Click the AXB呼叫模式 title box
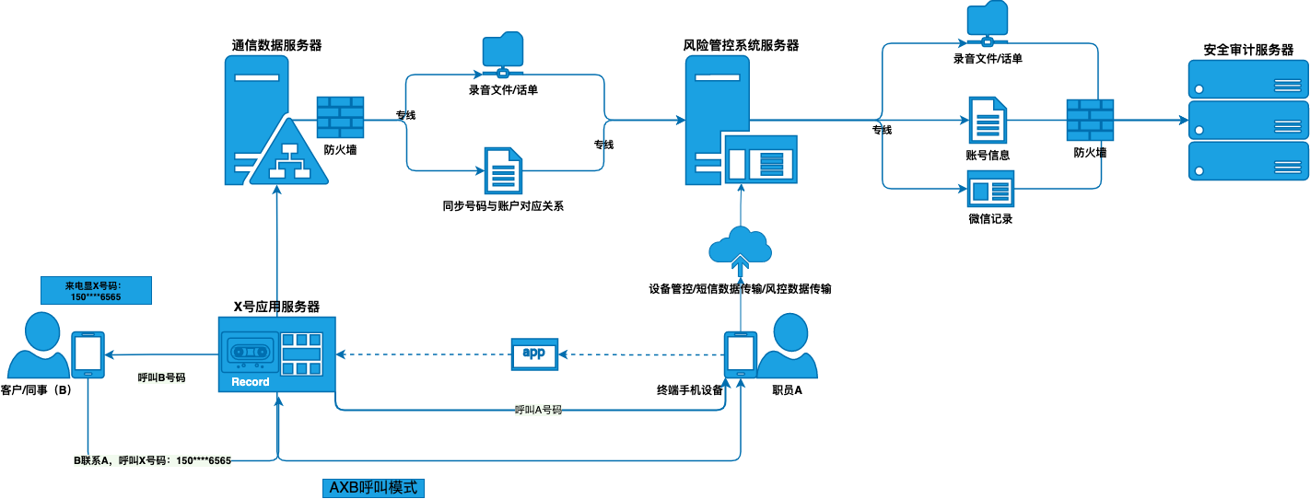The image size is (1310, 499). point(373,488)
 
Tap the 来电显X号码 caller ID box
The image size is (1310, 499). point(95,291)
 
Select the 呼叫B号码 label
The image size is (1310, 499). point(161,377)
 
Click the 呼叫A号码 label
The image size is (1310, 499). point(538,410)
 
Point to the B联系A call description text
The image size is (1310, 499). point(152,460)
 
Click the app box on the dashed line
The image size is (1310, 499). point(534,354)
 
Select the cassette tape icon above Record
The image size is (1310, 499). point(250,352)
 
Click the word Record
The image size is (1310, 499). point(251,382)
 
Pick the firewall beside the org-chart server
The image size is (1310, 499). point(340,117)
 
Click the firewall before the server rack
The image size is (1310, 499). point(1090,120)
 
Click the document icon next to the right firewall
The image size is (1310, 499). point(988,120)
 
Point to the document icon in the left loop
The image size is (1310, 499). point(504,170)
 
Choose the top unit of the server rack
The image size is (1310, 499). point(1247,79)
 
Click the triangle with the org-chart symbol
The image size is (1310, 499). point(289,157)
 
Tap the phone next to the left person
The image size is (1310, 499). point(88,354)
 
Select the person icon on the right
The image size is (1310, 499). point(792,346)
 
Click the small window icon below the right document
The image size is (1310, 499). point(990,189)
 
